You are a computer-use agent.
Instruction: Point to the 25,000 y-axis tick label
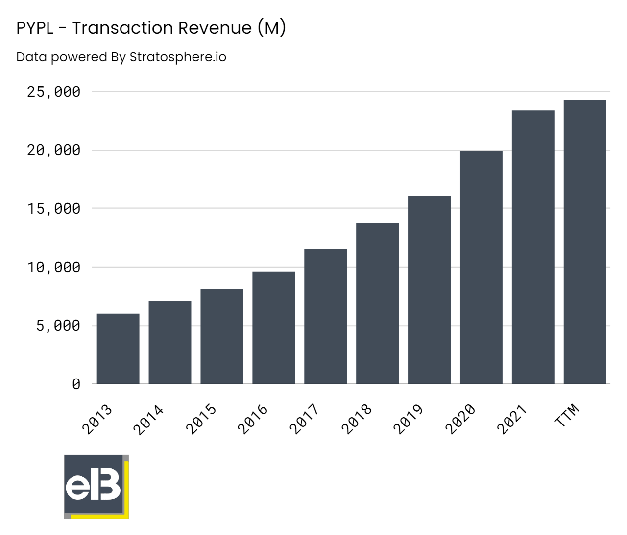54,92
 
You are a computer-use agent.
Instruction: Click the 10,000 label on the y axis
54,267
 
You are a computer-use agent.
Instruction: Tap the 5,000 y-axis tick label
58,326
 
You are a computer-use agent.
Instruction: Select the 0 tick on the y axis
76,384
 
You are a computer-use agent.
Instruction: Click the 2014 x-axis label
148,420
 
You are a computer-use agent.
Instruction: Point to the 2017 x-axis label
304,420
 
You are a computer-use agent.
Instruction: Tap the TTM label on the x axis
567,415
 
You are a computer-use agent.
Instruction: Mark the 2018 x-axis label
356,420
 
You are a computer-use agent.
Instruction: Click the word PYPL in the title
35,28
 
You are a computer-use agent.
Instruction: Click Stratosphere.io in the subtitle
178,57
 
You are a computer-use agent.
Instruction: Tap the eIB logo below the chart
96,486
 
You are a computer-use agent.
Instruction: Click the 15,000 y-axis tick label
54,209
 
